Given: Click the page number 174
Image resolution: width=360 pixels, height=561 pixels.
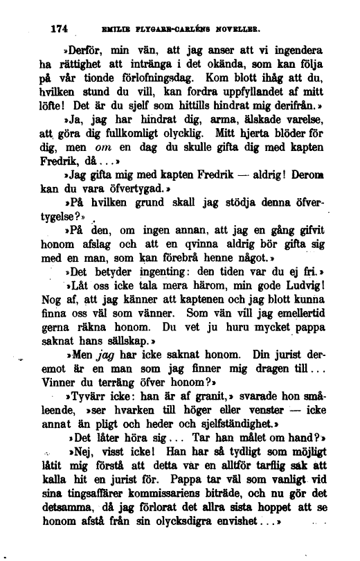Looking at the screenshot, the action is pos(63,29).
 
